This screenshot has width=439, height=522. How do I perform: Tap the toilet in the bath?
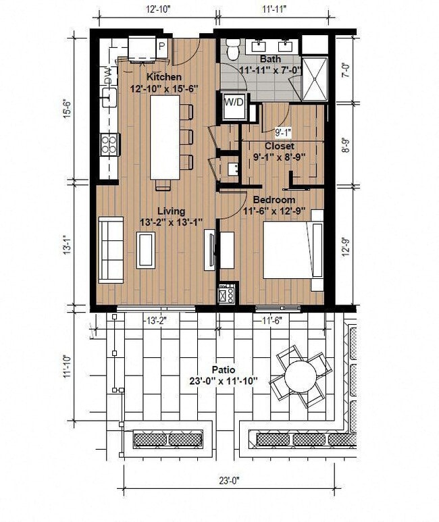click(232, 50)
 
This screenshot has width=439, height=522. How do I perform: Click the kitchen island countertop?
click(165, 137)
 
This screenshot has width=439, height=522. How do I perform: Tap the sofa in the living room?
click(111, 249)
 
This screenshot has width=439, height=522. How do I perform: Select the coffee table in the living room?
click(146, 249)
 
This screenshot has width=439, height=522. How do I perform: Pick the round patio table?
click(302, 376)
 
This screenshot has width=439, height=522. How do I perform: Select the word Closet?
click(279, 146)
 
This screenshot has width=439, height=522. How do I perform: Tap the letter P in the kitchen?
click(161, 46)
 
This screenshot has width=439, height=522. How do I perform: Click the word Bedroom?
click(274, 200)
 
